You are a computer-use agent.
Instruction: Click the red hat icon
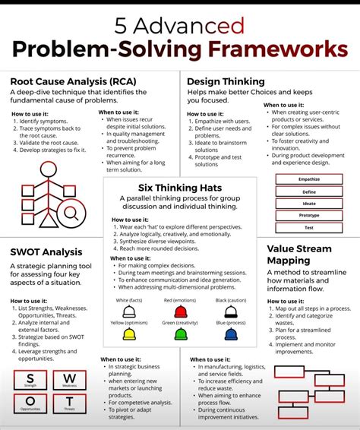[x=181, y=311]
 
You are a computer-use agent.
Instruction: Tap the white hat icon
[x=129, y=311]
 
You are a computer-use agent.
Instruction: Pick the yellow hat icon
[x=129, y=335]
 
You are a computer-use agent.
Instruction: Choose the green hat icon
[x=181, y=335]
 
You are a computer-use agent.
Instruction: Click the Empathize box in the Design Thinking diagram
[x=308, y=179]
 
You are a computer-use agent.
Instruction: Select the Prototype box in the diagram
[x=308, y=215]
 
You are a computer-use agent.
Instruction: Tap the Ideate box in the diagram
[x=308, y=203]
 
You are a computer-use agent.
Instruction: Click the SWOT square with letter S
[x=30, y=381]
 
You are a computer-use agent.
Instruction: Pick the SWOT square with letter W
[x=69, y=381]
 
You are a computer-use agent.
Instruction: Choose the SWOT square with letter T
[x=69, y=405]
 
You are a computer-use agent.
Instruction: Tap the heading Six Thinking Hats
[x=180, y=187]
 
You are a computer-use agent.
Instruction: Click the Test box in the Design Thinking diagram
[x=308, y=227]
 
